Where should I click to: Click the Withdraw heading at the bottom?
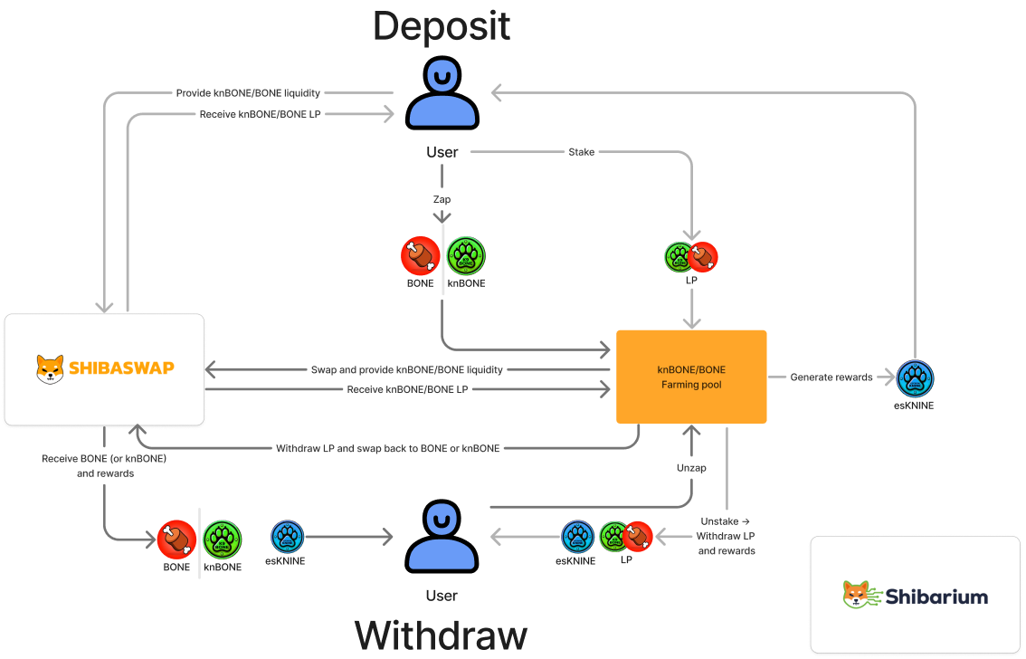click(x=441, y=634)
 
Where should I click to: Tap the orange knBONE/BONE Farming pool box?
click(x=691, y=377)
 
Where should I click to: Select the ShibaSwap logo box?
click(x=104, y=369)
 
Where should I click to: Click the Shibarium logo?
click(x=916, y=595)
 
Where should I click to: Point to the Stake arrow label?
click(x=581, y=152)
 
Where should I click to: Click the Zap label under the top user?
click(x=442, y=199)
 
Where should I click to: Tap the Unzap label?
click(x=691, y=468)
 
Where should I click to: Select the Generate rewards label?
click(x=831, y=377)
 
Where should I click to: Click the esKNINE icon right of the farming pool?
click(x=915, y=378)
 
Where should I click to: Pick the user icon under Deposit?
click(x=442, y=92)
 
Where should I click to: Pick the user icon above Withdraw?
click(x=442, y=536)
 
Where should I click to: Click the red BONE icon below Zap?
click(x=421, y=256)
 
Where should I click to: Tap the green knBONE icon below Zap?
click(x=467, y=256)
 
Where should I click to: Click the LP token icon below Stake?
click(x=691, y=257)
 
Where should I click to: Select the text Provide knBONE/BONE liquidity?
click(x=248, y=92)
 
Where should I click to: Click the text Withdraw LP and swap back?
click(x=387, y=448)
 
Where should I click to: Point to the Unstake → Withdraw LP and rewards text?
click(x=726, y=536)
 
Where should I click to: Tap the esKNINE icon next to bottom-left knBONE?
click(x=288, y=537)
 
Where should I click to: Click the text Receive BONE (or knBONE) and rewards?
click(x=104, y=465)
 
